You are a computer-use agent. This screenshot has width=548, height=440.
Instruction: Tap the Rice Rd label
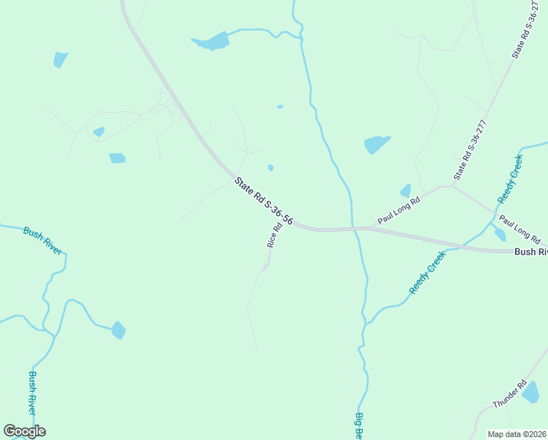pos(274,235)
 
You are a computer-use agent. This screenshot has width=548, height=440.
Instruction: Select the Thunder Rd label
pos(510,395)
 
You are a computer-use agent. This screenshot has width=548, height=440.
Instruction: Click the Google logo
pos(24,431)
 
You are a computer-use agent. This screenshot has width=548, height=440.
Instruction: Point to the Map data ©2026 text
pos(517,434)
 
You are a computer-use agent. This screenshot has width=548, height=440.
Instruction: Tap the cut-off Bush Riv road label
pos(530,252)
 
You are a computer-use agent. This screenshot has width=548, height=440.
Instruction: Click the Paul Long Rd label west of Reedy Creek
pos(399,210)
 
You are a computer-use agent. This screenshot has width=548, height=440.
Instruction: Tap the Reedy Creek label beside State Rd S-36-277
pos(510,179)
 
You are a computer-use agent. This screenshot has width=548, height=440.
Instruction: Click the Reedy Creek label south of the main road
pos(427,272)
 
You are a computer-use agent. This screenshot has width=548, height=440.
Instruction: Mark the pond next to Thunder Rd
pos(530,392)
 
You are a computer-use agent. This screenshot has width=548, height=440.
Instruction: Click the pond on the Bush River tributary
pos(119,331)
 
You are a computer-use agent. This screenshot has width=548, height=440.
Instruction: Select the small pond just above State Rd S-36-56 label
pos(270,168)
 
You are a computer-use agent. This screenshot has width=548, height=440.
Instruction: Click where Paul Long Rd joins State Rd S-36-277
pos(452,186)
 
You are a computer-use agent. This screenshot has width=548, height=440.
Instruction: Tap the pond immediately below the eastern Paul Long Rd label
pos(500,235)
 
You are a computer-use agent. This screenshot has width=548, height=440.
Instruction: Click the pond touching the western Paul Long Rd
pos(405,191)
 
